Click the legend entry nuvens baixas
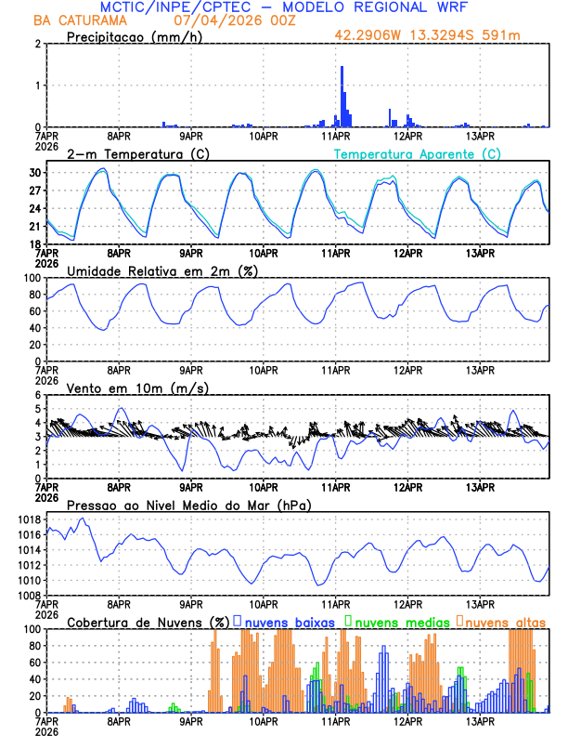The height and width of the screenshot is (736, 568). (x=288, y=621)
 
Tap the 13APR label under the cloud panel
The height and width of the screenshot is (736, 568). (x=479, y=720)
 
